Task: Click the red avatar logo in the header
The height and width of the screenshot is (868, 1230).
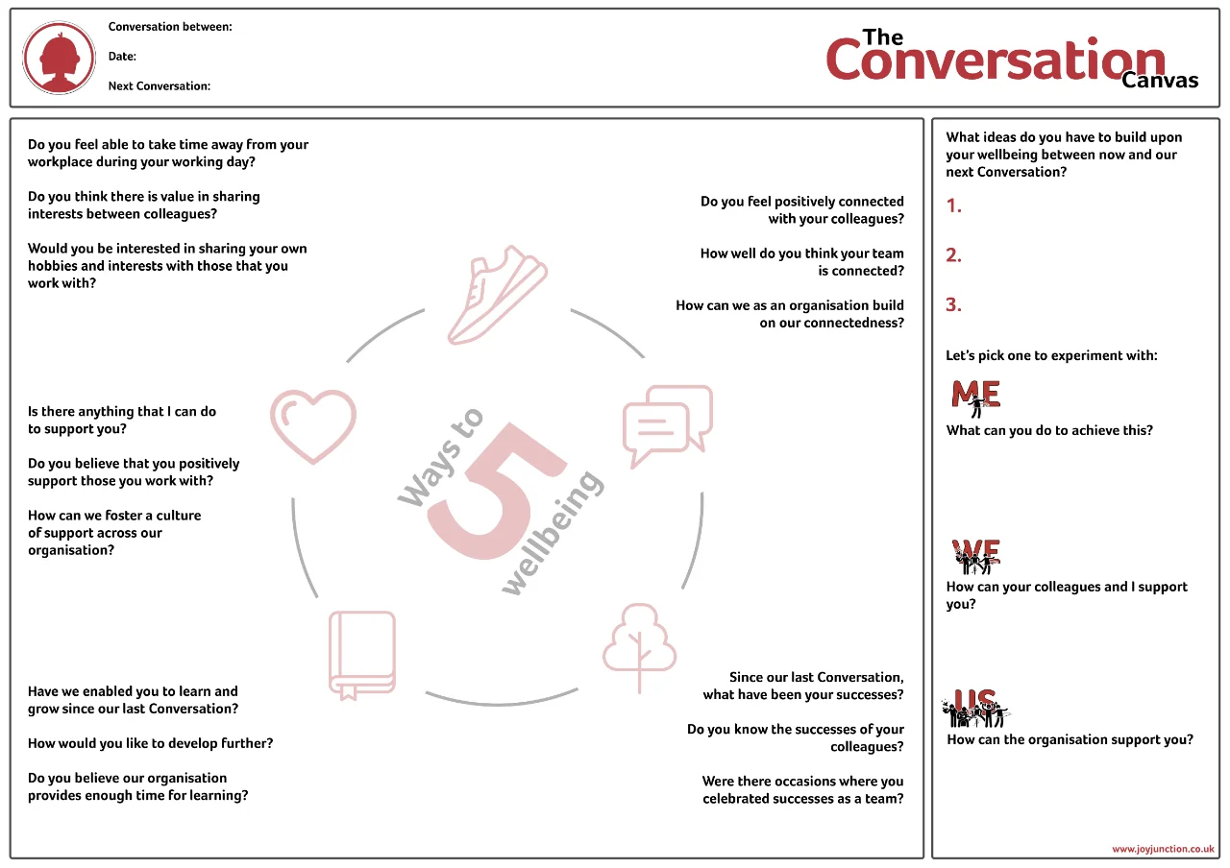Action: coord(59,58)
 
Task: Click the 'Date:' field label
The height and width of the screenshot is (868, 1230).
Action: coord(122,57)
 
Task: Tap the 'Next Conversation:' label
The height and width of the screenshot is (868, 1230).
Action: coord(160,85)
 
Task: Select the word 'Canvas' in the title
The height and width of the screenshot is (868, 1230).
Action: coord(1160,80)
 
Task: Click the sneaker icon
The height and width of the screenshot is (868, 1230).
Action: coord(496,300)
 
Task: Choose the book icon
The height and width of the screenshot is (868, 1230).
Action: coord(362,654)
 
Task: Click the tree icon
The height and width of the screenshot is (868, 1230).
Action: coord(640,645)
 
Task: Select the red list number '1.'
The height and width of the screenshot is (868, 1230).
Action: coord(954,205)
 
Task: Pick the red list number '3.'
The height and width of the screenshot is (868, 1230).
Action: coord(954,305)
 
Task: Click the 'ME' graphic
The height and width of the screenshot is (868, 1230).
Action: coord(975,396)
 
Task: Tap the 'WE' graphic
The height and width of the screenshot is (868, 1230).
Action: coord(975,555)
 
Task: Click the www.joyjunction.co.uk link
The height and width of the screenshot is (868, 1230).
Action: coord(1163,849)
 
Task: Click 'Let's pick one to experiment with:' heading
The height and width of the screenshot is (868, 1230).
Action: coord(1051,355)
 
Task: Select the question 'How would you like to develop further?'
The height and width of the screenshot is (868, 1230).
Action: coord(150,743)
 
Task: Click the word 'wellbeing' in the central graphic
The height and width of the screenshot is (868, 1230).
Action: coord(553,532)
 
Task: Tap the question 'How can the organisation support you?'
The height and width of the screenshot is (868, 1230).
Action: coord(1070,739)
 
